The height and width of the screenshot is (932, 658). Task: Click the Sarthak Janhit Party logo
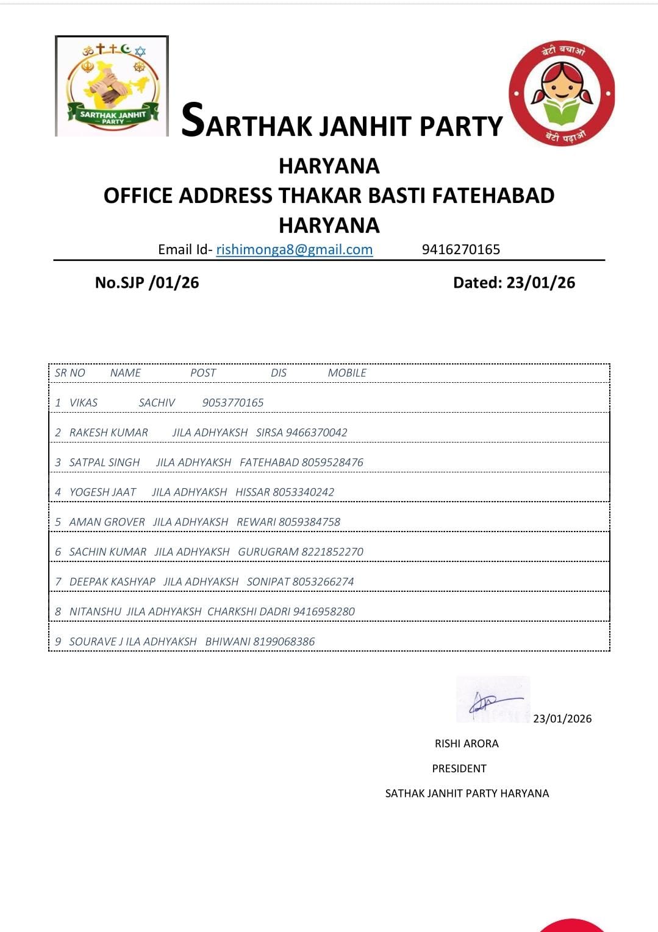[112, 86]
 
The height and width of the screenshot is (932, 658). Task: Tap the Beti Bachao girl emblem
[562, 94]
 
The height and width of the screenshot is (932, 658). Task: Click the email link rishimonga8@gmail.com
[294, 249]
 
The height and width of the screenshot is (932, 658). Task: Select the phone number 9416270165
[460, 249]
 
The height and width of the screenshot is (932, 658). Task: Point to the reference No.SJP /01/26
[147, 282]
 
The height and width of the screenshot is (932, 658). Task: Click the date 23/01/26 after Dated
[540, 282]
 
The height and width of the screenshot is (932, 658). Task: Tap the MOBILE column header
[347, 372]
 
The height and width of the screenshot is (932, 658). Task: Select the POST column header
[203, 372]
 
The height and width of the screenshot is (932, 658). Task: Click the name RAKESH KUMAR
[109, 432]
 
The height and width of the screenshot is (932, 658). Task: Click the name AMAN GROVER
[107, 522]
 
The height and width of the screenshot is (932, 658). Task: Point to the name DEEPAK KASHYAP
[112, 582]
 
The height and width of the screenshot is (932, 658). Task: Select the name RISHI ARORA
[467, 743]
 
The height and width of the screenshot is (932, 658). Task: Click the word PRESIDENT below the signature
[459, 768]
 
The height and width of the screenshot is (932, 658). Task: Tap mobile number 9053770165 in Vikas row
[233, 402]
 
